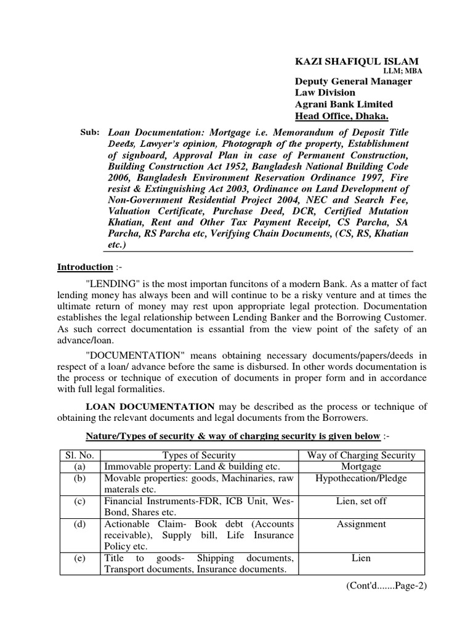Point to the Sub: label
pos(90,132)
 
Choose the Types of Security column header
pos(199,455)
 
